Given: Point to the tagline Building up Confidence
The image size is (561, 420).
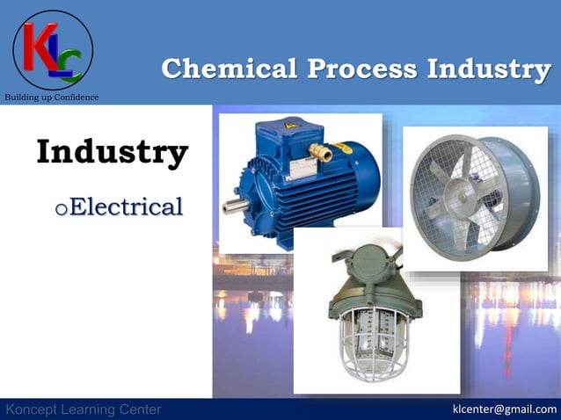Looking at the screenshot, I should pos(52,97).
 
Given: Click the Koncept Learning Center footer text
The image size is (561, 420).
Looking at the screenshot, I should pos(83,409).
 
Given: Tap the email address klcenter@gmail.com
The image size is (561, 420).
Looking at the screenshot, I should pos(504,409).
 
